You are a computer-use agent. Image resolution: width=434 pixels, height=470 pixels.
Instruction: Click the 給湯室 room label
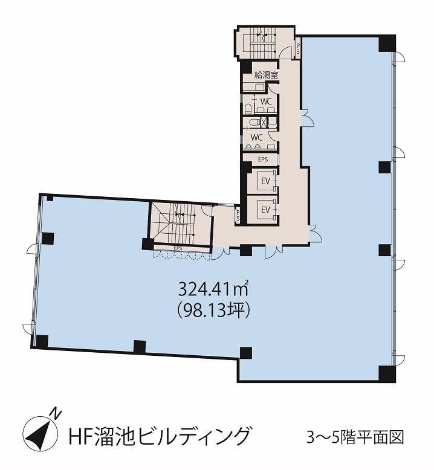(266, 75)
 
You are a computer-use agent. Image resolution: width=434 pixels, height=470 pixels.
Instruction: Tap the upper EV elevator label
(266, 181)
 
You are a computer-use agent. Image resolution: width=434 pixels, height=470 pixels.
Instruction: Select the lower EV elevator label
(266, 210)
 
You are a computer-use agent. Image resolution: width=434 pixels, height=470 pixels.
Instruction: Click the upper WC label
(266, 101)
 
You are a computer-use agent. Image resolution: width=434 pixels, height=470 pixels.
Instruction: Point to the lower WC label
(256, 138)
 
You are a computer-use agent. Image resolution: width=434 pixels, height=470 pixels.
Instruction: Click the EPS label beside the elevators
(263, 159)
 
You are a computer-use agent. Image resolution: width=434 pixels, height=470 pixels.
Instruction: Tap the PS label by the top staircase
(298, 48)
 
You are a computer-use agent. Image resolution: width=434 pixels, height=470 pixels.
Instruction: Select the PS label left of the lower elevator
(238, 215)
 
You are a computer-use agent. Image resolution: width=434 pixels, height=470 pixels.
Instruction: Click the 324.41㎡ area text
(213, 289)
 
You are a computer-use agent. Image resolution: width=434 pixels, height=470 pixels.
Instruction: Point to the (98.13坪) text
(213, 311)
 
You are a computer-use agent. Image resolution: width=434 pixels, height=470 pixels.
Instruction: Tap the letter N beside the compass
(56, 413)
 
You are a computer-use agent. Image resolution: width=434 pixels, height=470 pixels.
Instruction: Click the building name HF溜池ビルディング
(159, 436)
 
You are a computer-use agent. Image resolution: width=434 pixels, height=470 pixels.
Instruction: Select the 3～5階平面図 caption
(355, 437)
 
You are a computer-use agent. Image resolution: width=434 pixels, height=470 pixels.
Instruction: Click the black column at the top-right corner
(387, 43)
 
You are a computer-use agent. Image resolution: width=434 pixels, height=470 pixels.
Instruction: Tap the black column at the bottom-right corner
(387, 373)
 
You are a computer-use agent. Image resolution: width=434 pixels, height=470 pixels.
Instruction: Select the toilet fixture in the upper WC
(248, 109)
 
